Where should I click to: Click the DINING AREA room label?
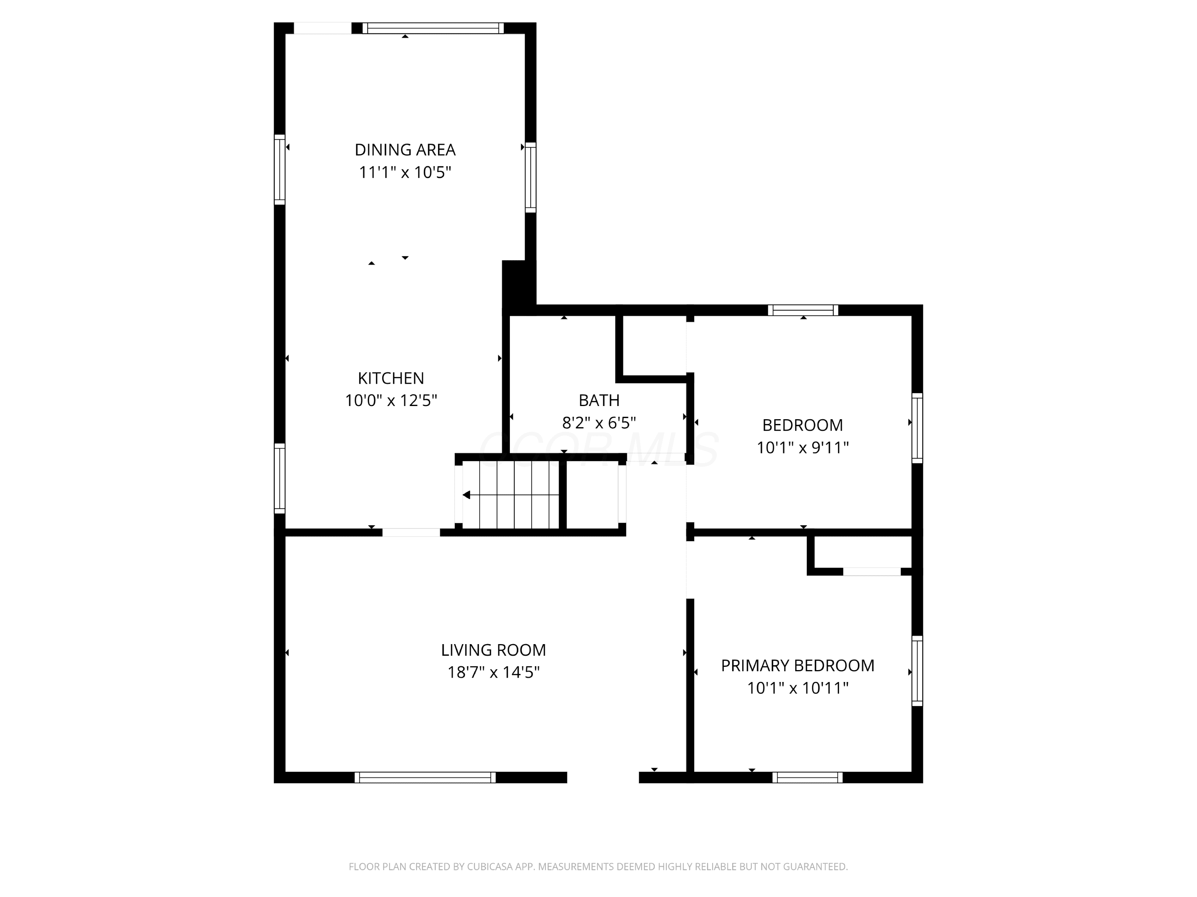(x=405, y=150)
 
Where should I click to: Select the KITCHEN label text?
(x=391, y=378)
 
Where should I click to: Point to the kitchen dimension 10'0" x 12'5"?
(x=391, y=401)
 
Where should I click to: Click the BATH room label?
(x=599, y=400)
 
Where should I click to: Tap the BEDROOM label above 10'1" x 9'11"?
(x=802, y=425)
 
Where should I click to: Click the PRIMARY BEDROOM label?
(x=798, y=665)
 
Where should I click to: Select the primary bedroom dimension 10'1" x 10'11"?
(x=798, y=688)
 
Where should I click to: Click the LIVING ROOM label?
(x=494, y=650)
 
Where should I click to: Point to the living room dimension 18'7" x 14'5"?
(x=494, y=672)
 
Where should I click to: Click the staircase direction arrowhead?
(x=466, y=495)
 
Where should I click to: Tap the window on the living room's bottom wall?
(x=425, y=777)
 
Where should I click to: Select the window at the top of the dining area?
(x=433, y=28)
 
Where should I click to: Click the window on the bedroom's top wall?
(x=803, y=310)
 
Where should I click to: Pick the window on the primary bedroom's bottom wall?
(x=808, y=777)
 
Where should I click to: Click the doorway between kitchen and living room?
(x=411, y=532)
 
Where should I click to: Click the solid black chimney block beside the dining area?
(x=518, y=287)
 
